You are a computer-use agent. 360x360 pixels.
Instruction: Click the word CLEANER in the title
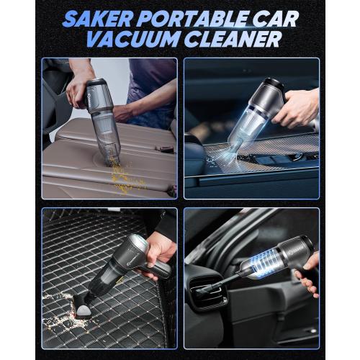230,40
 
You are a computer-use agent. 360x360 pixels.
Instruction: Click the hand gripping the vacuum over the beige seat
79,89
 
